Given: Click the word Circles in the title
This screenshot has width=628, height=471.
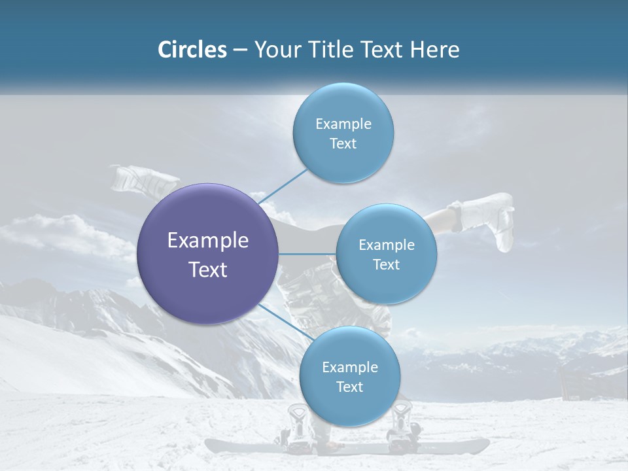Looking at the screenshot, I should [192, 50].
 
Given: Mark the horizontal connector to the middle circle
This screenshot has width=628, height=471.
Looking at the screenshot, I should [307, 254].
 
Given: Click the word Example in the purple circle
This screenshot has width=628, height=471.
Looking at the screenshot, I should [207, 241].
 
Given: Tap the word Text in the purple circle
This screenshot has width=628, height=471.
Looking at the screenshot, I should [207, 270].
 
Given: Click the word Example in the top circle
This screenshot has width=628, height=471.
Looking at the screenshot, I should [343, 124].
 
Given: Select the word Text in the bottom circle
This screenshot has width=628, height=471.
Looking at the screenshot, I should [349, 387].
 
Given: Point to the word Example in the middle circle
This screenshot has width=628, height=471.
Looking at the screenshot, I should [386, 245].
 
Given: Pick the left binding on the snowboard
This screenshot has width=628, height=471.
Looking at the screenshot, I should [298, 425].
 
